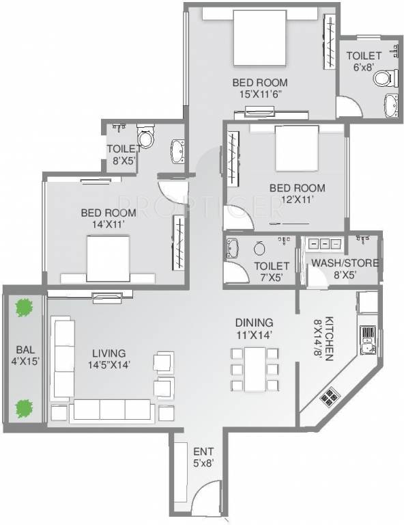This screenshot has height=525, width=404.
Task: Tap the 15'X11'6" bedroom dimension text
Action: (x=260, y=94)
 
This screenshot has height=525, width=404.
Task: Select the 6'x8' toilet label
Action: (x=362, y=66)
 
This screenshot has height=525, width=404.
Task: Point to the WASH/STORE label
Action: (x=345, y=262)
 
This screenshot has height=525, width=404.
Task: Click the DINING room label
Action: (x=255, y=323)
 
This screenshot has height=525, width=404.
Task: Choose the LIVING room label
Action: (x=109, y=353)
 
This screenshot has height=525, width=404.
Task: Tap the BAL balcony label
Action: (x=25, y=350)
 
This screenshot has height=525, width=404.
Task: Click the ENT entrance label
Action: (x=203, y=452)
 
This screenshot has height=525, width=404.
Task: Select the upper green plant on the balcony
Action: (x=24, y=308)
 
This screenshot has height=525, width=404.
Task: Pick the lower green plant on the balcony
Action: (x=24, y=409)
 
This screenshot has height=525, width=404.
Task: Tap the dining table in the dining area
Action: (x=255, y=369)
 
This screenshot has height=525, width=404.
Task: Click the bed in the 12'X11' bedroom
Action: (x=297, y=148)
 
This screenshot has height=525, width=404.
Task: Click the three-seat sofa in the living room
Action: (x=112, y=409)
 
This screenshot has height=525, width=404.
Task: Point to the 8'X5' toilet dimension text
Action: (x=124, y=161)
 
